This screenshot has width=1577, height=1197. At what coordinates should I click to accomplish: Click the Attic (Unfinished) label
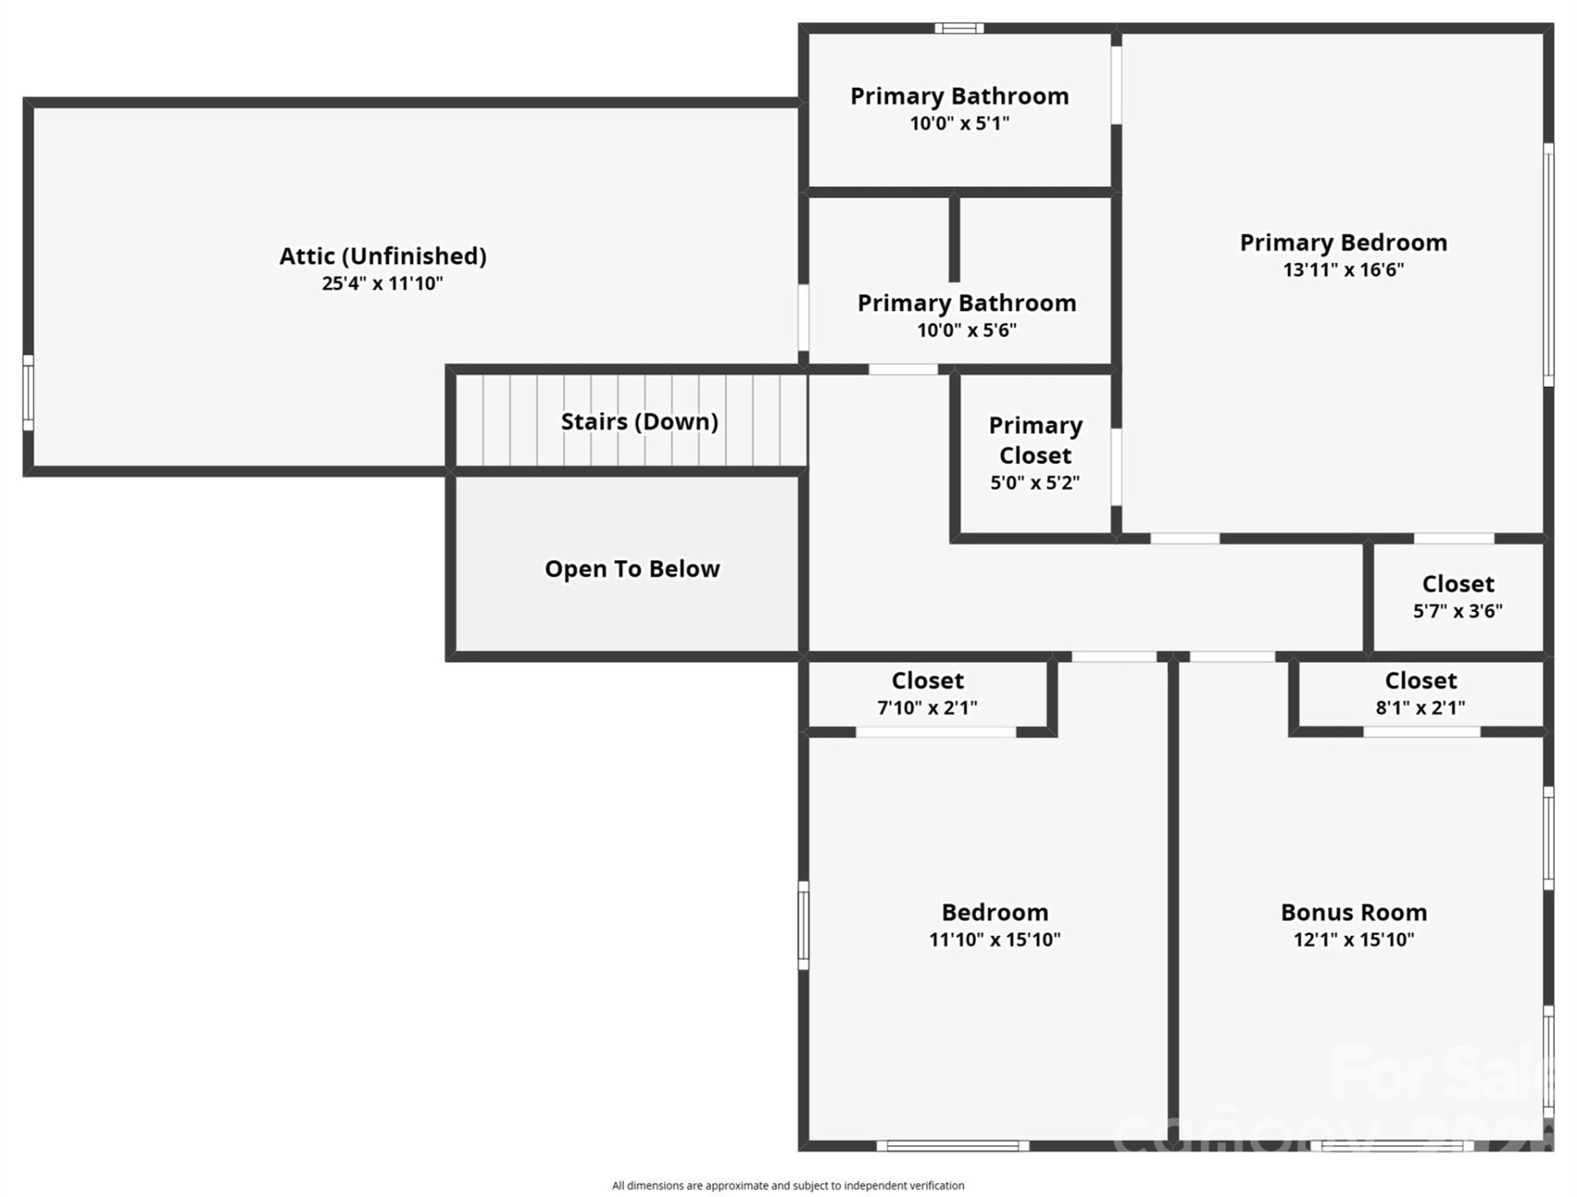382,256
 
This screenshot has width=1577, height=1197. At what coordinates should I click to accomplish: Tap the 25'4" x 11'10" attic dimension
382,283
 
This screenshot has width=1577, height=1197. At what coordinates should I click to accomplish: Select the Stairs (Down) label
639,421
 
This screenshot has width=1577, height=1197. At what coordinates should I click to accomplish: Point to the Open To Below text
631,569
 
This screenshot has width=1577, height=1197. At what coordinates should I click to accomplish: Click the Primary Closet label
1034,441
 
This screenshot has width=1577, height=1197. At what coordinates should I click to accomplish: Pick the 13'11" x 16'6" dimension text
1343,270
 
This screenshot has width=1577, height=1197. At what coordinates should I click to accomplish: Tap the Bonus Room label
1353,913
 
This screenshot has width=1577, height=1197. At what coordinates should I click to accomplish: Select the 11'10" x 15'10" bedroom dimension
995,940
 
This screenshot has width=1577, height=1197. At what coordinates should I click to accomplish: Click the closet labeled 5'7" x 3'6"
1457,597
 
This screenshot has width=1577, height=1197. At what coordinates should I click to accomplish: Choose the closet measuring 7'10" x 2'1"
927,693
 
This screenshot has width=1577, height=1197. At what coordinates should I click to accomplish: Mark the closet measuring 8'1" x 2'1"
1420,693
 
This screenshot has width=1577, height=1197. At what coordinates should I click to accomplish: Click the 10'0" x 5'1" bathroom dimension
959,124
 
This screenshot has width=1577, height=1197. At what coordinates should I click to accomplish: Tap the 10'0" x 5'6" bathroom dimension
966,330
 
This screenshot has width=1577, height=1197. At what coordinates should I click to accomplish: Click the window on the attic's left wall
28,392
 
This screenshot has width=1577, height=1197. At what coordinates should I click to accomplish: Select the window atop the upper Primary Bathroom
959,28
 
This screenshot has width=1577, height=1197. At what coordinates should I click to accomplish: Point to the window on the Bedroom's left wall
803,925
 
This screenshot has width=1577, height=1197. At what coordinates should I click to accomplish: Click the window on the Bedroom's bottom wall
953,1145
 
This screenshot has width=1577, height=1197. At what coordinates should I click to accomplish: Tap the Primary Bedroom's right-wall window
1549,264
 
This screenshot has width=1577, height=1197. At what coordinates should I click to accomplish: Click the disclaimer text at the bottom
788,1185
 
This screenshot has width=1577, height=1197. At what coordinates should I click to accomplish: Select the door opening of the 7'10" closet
936,732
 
